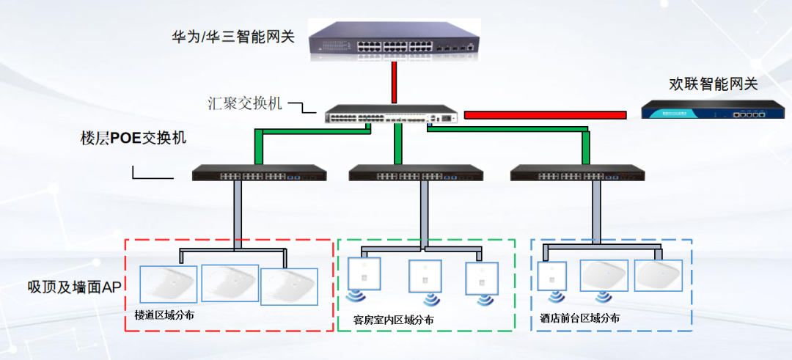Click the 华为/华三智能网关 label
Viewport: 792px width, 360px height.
(232, 36)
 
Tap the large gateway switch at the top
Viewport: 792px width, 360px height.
(394, 41)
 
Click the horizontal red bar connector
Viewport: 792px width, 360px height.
(545, 115)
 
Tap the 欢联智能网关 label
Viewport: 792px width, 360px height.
(713, 84)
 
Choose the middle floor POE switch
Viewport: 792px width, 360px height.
(416, 174)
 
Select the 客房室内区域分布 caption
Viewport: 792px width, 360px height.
(393, 320)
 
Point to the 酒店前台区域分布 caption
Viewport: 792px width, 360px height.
(580, 318)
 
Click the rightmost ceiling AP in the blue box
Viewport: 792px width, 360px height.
(658, 275)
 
